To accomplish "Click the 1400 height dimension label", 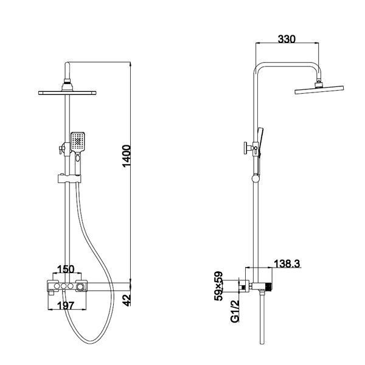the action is [127, 156].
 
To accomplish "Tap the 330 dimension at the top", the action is [287, 40].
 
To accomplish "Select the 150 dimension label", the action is [66, 269].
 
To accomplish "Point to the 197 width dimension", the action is [66, 305].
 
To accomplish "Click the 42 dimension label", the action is [127, 301].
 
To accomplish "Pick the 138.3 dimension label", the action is [287, 264].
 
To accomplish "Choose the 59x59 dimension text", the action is [218, 286].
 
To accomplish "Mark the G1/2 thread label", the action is [235, 311].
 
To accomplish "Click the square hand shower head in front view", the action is [78, 142].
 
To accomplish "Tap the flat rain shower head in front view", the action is [68, 93].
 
